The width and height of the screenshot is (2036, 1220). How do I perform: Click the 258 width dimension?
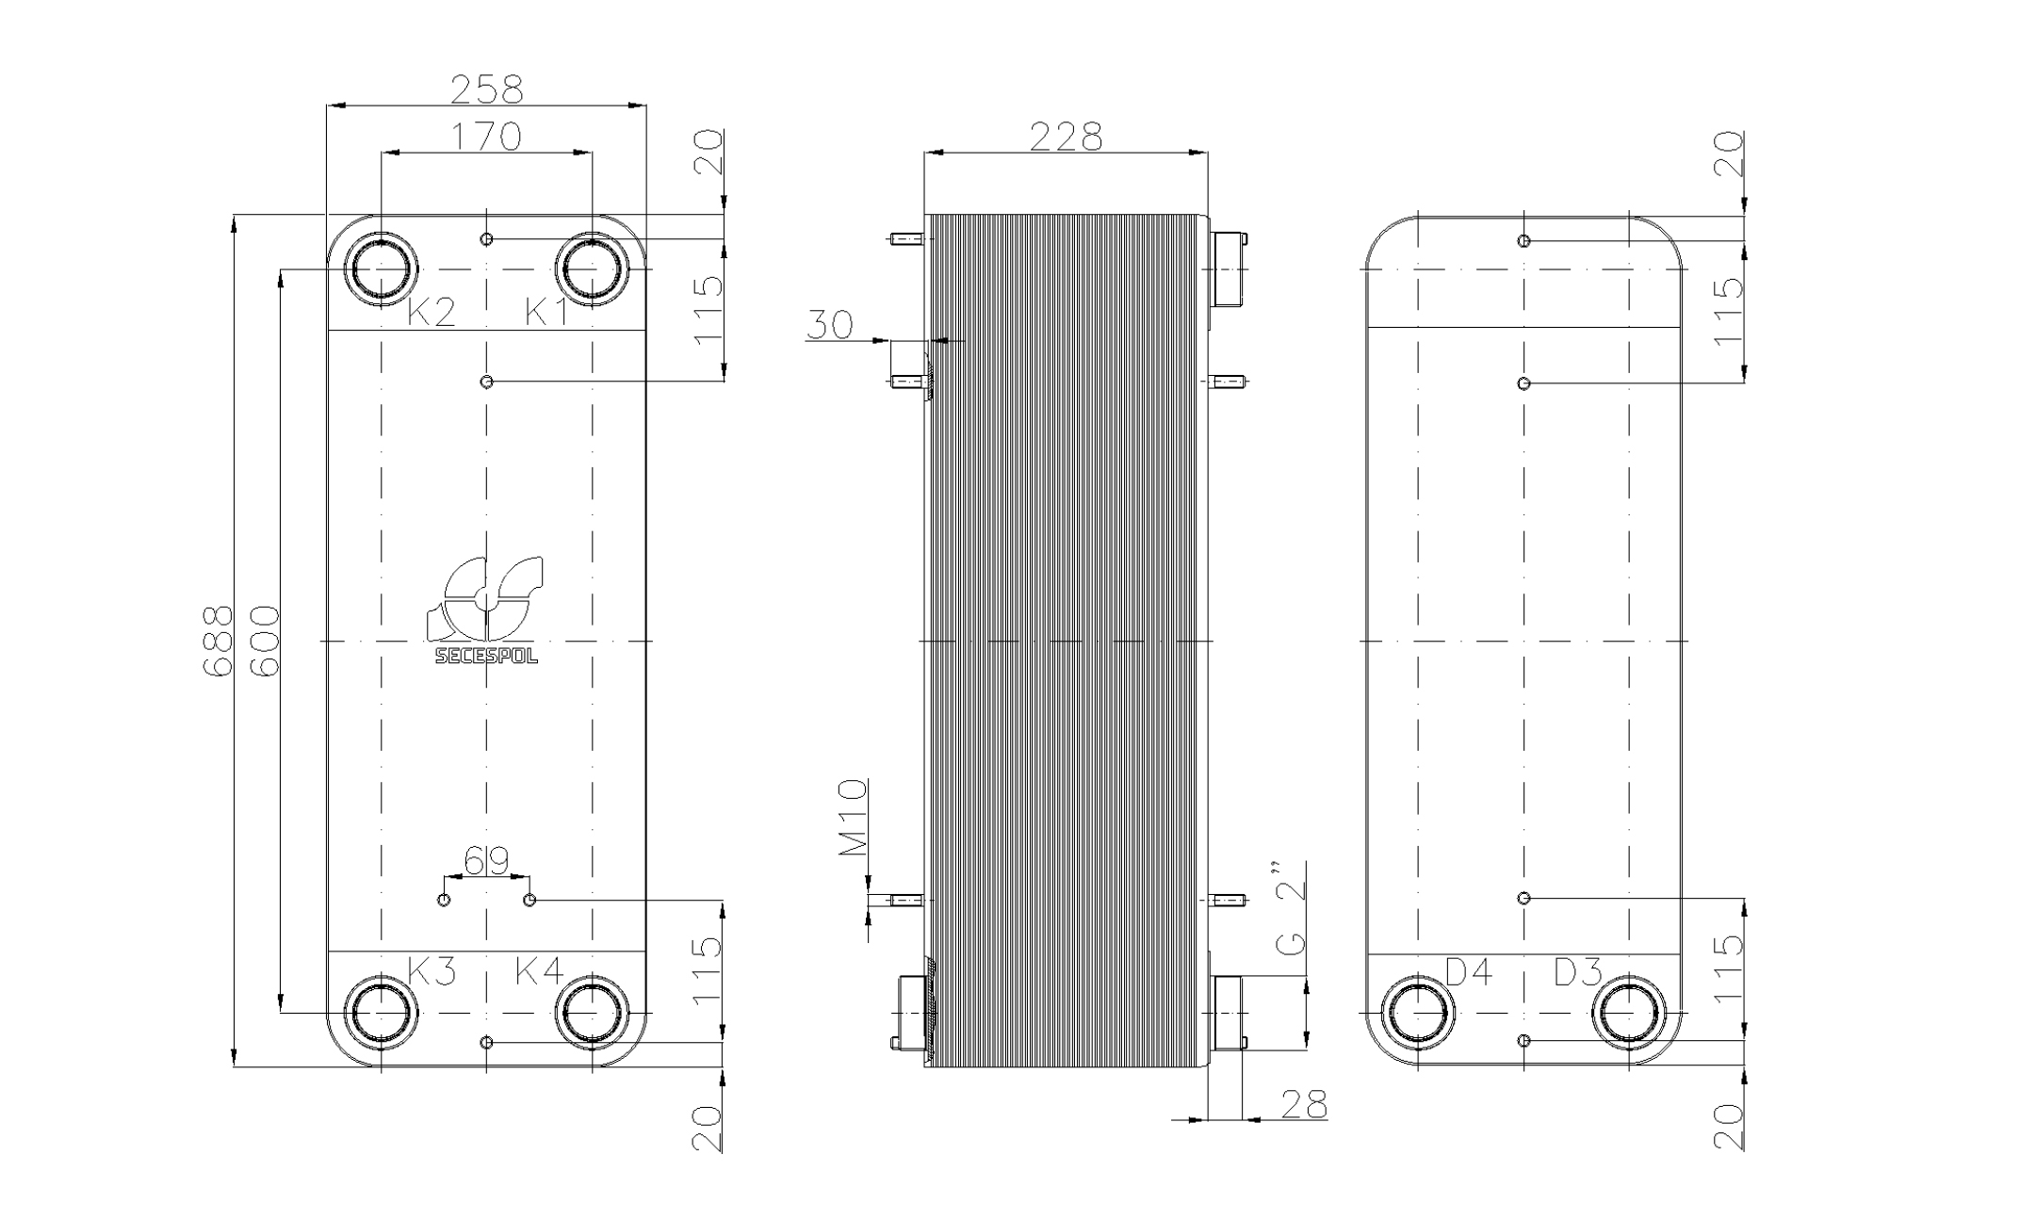click(486, 89)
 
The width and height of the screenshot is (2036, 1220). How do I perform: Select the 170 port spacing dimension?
click(486, 137)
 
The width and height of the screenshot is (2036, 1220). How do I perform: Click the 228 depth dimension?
click(1066, 137)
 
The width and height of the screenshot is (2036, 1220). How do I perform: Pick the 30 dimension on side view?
click(829, 324)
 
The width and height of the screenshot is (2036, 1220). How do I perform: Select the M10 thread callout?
click(854, 817)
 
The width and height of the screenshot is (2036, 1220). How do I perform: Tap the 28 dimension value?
click(1304, 1103)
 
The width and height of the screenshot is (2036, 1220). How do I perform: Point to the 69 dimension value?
click(486, 859)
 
